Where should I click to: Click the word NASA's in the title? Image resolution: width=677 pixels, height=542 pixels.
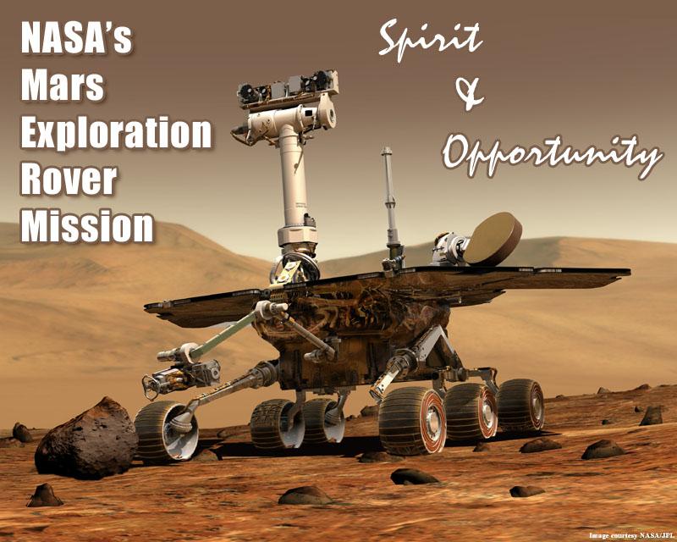76,38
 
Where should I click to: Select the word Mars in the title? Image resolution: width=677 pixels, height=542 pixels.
63,85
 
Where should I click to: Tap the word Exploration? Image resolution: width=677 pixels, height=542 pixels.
116,132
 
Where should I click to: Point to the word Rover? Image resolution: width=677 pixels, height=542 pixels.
69,179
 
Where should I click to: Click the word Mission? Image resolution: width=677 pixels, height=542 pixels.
87,225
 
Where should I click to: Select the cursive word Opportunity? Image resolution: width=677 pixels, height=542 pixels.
552,156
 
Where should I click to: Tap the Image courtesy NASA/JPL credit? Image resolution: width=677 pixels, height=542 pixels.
630,536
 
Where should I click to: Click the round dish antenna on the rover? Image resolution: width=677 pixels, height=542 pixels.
493,239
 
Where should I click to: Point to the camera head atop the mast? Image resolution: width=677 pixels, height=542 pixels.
288,91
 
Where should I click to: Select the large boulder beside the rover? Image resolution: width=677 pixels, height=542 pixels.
86,440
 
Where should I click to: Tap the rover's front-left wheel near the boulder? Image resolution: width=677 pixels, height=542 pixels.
166,431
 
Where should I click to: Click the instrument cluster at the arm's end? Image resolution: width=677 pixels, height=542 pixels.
181,373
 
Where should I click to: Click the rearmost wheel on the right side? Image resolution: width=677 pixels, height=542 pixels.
520,406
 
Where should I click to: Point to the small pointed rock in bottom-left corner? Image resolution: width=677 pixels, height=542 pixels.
45,495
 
